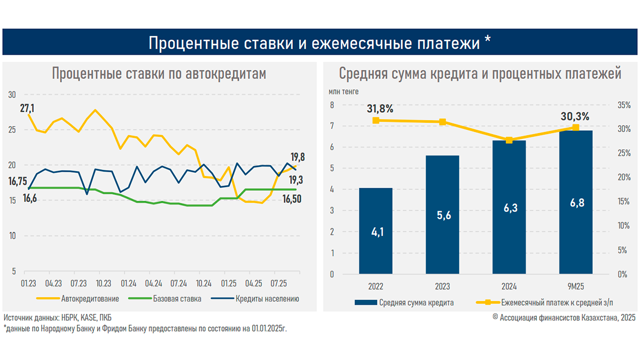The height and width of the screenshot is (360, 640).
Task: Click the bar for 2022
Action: [376, 231]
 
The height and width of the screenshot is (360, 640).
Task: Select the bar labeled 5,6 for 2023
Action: [443, 215]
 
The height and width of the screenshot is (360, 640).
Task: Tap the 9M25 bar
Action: [576, 202]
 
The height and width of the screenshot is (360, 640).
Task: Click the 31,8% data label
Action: [380, 109]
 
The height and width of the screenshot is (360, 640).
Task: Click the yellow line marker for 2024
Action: [509, 141]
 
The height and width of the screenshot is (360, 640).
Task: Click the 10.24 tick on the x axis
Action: [203, 282]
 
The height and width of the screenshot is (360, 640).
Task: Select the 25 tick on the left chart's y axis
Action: [12, 130]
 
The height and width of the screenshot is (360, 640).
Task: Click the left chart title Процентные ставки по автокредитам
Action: [159, 74]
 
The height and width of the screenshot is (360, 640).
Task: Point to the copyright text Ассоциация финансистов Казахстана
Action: [563, 318]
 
